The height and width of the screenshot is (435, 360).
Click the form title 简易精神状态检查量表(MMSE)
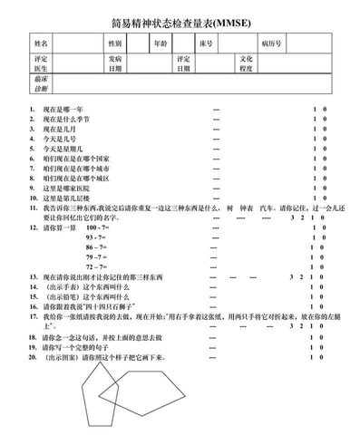(180, 22)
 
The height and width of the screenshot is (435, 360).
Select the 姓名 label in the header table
(41, 43)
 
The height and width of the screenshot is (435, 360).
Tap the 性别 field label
(114, 43)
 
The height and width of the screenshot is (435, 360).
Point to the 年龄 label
(160, 43)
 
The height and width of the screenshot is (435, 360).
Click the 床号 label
(207, 43)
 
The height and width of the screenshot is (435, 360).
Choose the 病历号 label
(270, 43)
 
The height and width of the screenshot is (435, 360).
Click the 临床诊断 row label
(41, 86)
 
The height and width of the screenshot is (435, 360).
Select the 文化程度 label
(246, 64)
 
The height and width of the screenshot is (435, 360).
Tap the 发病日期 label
(114, 64)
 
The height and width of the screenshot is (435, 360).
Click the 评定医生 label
(41, 64)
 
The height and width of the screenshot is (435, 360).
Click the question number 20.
(33, 357)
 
